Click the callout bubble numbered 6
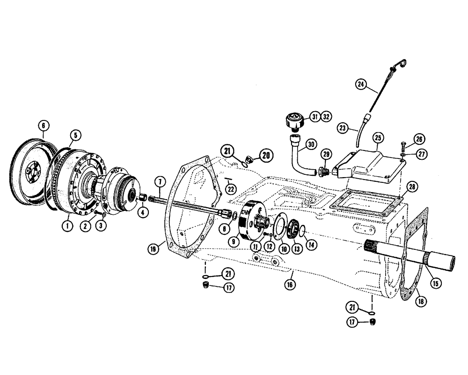[x=43, y=126]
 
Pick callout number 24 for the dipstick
[x=361, y=84]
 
